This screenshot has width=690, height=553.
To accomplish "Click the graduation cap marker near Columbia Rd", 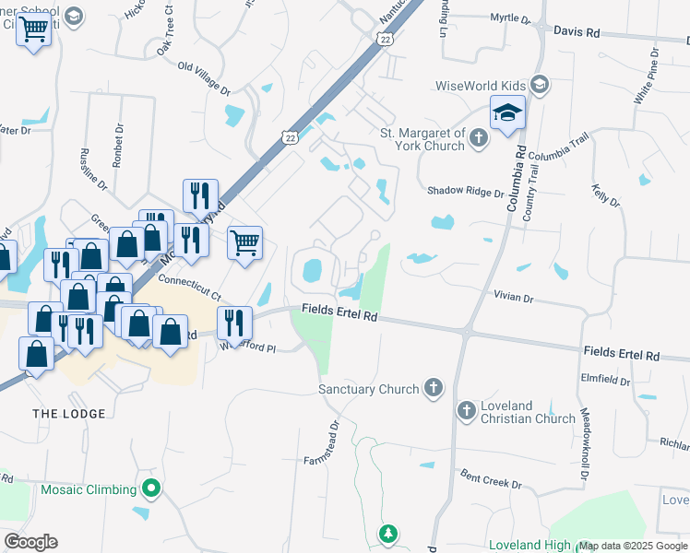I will (507, 113).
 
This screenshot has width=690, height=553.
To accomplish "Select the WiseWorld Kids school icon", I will (540, 86).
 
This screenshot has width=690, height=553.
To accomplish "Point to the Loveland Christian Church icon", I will (466, 410).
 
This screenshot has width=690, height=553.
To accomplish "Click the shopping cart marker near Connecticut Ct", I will (244, 244).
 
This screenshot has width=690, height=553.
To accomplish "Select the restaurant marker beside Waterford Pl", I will (234, 323).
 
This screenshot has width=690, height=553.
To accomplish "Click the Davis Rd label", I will (577, 32).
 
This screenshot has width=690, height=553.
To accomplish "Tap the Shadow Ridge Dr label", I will (465, 192).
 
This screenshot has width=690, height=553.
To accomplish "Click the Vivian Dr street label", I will (515, 299).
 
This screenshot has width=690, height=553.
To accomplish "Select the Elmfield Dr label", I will (605, 376).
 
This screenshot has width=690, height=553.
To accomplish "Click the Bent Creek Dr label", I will (491, 482).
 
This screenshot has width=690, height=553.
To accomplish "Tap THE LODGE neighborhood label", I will (69, 414).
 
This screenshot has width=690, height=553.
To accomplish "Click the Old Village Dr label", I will (204, 79).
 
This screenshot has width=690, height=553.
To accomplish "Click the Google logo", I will (30, 542).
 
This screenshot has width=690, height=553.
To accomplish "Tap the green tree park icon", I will (389, 534).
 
